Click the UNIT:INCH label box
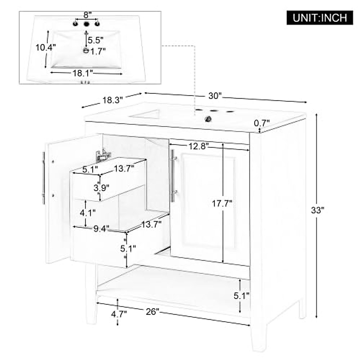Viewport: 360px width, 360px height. click(320, 18)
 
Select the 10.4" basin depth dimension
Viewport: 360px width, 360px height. click(45, 47)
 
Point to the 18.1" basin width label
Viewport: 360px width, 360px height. click(82, 73)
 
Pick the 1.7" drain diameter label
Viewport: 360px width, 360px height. click(98, 52)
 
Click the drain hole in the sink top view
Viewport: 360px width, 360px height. click(86, 51)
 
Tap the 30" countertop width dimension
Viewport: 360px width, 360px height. click(215, 96)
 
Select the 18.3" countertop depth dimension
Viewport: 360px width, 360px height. click(113, 100)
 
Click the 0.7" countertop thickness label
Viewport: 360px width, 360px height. click(262, 123)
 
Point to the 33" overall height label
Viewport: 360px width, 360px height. click(317, 210)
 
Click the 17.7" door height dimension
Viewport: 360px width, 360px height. click(222, 204)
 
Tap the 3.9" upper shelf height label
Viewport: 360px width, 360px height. click(101, 188)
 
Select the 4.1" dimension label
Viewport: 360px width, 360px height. click(88, 213)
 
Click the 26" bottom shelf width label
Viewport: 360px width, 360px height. click(152, 312)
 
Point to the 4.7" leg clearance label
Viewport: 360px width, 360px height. click(119, 314)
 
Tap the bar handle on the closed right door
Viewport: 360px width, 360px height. click(173, 176)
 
